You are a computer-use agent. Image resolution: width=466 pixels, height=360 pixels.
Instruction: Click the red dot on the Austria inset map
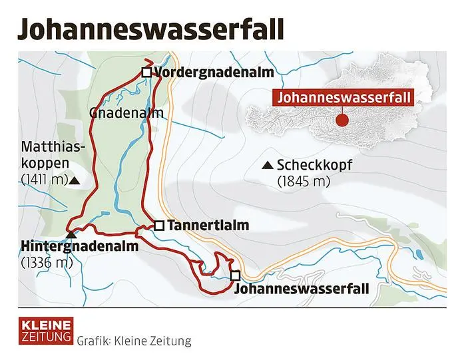(342, 120)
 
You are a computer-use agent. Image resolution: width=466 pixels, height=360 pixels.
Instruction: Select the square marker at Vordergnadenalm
(147, 73)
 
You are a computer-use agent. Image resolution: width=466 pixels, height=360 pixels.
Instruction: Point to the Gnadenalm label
(126, 113)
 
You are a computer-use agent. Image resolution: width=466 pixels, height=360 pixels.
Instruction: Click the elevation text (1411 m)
(45, 180)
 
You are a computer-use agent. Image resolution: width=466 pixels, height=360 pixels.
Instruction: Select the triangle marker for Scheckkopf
(268, 165)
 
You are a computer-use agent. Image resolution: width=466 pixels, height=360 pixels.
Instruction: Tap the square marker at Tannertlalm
(159, 226)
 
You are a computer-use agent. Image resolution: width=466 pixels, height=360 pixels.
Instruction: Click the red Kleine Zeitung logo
(45, 329)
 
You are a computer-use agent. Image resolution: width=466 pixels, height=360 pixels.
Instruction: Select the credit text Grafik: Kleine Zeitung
(134, 341)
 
